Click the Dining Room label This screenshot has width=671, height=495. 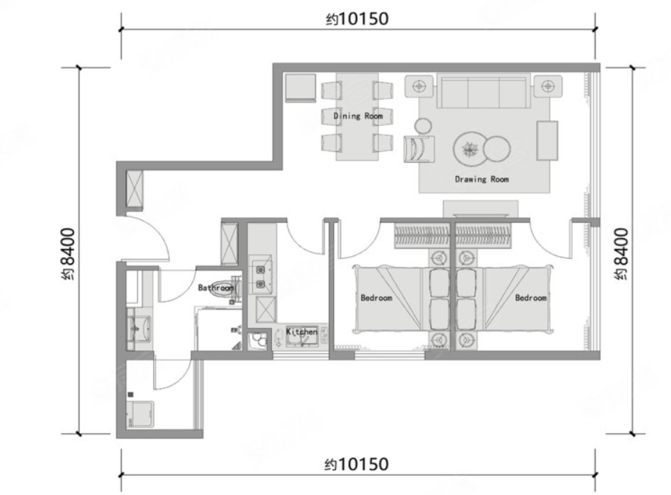coord(358,116)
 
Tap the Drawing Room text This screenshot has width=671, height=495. coord(482,179)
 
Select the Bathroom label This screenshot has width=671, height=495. coord(216,287)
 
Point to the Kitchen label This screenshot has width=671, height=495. coord(301,332)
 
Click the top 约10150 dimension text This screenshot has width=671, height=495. coord(357,19)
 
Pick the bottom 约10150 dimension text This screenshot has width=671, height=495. coord(357,464)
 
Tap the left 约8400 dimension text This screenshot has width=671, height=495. coord(68,255)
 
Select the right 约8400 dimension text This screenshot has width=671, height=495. coord(621,255)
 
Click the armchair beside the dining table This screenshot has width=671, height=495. coord(419,149)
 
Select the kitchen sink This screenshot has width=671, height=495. coord(302,336)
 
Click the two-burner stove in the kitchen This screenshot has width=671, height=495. coord(260,276)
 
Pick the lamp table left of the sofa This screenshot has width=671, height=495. coord(419,86)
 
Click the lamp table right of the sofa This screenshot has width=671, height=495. coord(547,86)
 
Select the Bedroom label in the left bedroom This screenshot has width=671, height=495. coord(376,298)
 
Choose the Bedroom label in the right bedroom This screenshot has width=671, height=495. coord(531,298)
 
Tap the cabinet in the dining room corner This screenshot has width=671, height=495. coord(300,88)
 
